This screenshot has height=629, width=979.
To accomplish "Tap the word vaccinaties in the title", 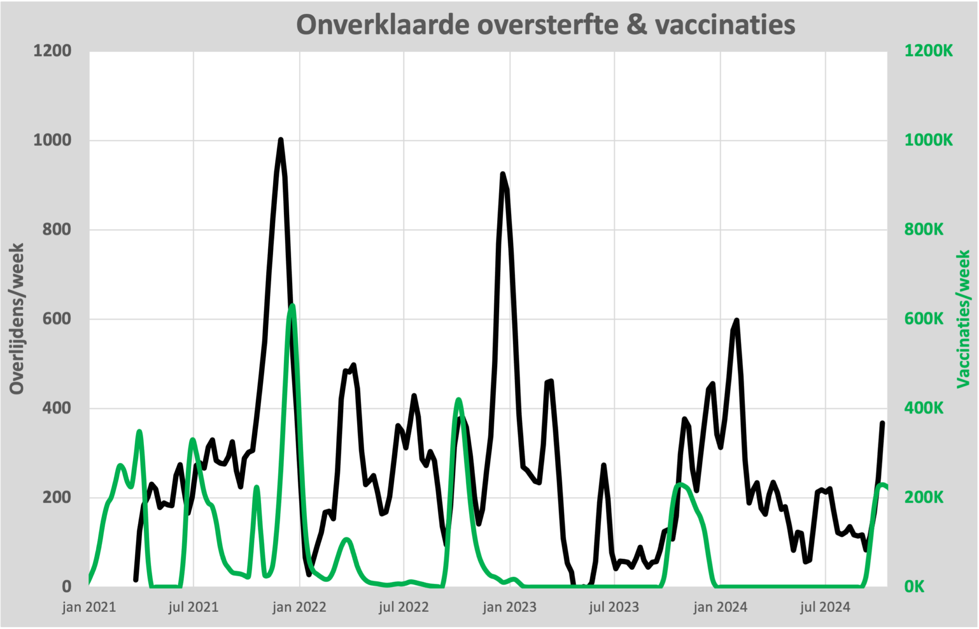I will (x=725, y=25).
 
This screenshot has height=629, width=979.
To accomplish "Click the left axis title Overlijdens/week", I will (x=17, y=319).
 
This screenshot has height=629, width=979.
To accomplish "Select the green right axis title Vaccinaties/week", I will (x=963, y=319).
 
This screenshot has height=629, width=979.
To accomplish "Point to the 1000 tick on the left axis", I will (x=52, y=140).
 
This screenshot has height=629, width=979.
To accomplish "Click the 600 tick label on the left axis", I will (x=56, y=319).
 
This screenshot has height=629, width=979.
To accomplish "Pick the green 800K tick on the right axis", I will (x=924, y=230).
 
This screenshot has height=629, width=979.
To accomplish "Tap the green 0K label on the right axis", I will (x=914, y=586).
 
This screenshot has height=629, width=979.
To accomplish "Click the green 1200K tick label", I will (x=928, y=51).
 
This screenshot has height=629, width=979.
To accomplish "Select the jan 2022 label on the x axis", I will (x=299, y=608).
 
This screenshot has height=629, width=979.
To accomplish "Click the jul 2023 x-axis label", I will (x=614, y=608).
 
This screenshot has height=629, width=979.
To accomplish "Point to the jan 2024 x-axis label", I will (x=720, y=608).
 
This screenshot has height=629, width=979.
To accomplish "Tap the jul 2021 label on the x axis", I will (x=194, y=608).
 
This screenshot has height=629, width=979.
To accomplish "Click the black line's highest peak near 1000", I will (x=281, y=139).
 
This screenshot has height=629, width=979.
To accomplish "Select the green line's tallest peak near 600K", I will (x=292, y=305).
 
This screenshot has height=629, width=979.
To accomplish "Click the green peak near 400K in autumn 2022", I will (x=458, y=399).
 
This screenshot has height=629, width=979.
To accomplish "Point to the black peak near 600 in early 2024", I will (x=737, y=320).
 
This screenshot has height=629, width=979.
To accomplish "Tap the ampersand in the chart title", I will (x=637, y=25).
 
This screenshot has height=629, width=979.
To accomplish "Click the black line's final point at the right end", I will (x=882, y=423).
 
